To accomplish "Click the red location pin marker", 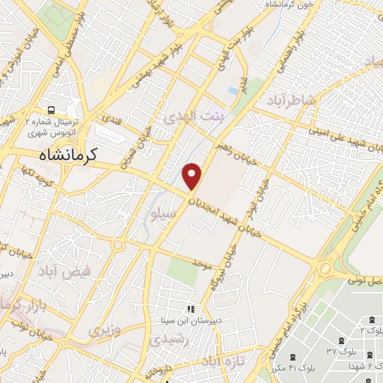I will pos(192,176).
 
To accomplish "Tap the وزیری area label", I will pos(103,328).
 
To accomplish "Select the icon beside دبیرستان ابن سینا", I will pos(191,309).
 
